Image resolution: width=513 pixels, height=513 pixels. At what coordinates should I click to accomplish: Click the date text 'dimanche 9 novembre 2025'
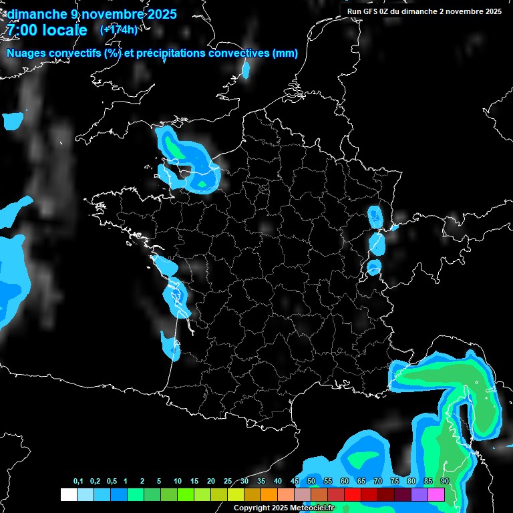(92, 14)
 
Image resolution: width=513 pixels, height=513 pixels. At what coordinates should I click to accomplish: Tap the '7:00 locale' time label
(47, 30)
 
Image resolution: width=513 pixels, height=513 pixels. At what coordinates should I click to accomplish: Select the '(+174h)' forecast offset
(118, 29)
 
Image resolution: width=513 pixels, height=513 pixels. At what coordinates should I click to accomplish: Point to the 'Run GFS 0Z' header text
(371, 11)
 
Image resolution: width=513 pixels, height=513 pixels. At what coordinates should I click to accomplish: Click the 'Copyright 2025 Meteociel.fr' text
(283, 508)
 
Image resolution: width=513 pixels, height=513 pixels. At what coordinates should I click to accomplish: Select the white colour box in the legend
(68, 495)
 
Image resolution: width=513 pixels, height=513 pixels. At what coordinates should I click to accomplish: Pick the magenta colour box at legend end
(436, 495)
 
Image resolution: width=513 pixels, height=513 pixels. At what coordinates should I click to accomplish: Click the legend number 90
(445, 482)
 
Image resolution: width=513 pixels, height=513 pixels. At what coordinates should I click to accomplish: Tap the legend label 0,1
(78, 482)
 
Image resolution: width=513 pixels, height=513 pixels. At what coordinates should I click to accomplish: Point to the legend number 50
(311, 482)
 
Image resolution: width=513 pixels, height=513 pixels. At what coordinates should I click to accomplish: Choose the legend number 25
(228, 482)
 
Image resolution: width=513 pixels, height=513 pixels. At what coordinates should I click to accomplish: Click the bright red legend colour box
(353, 495)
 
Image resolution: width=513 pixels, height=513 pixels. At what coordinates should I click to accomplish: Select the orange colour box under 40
(269, 495)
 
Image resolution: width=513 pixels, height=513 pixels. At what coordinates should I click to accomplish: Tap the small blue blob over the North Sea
(246, 69)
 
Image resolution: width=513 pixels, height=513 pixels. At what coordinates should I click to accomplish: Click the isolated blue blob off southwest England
(12, 121)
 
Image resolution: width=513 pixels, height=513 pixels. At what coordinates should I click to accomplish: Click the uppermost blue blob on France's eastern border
(375, 216)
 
